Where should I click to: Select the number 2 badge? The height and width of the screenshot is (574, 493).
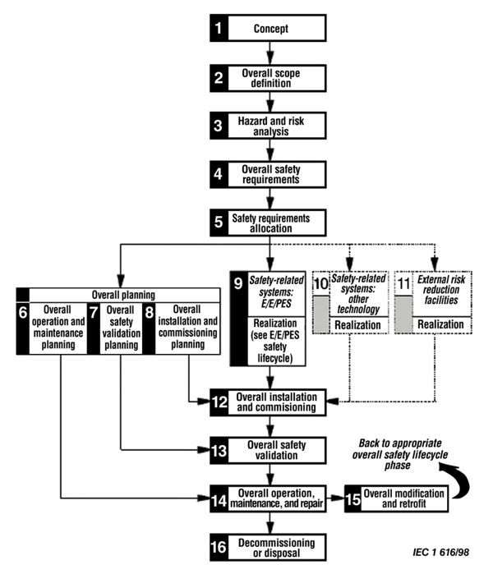click(x=218, y=78)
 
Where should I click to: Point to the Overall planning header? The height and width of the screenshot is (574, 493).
click(x=121, y=294)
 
